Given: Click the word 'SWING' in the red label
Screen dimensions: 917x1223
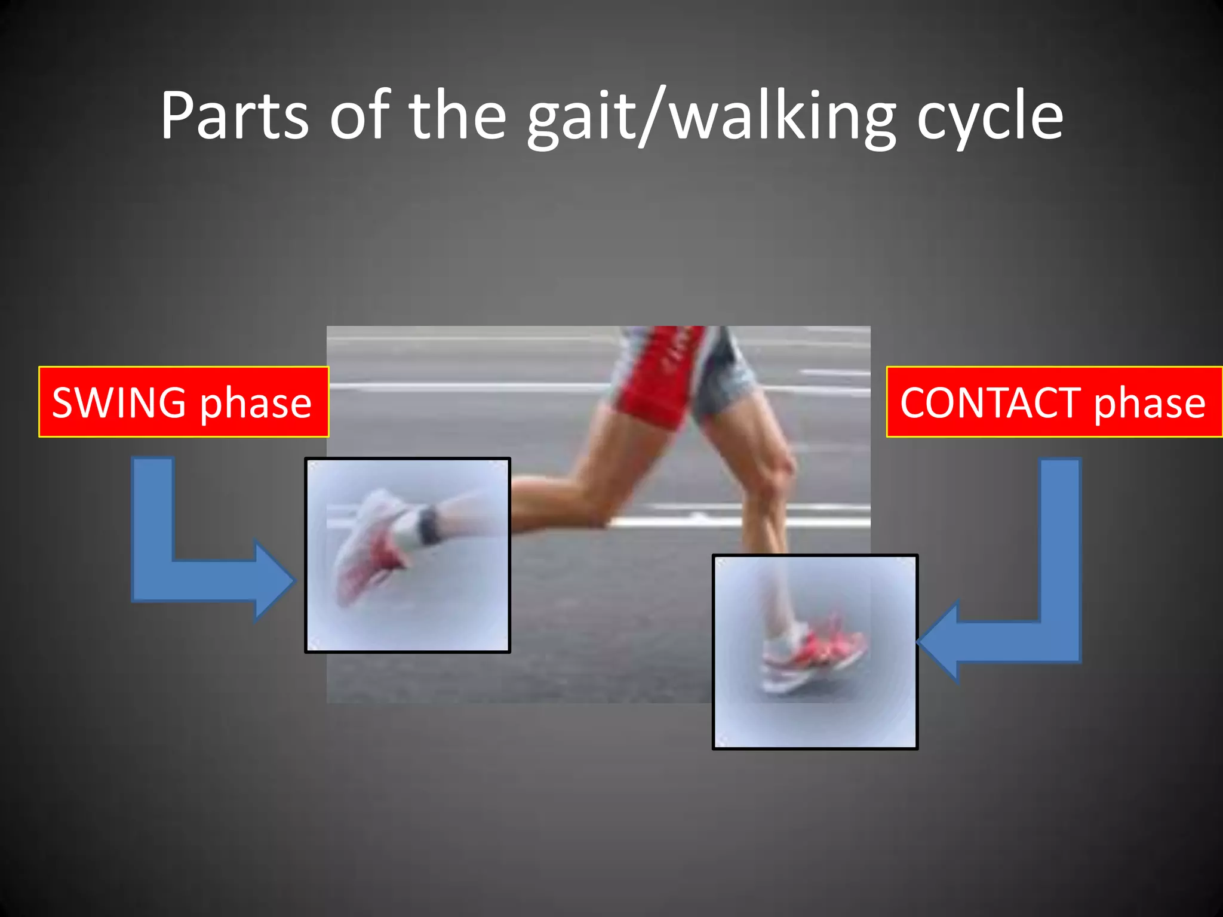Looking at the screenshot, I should (x=119, y=402).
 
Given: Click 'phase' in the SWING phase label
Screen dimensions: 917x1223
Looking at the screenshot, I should (x=256, y=404).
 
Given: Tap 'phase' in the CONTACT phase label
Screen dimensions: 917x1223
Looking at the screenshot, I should (x=1150, y=404).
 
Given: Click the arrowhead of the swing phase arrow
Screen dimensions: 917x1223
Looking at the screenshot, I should (x=275, y=580).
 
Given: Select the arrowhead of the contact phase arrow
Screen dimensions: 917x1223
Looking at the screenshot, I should (x=938, y=641).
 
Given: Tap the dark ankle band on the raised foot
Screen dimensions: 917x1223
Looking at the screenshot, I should (x=428, y=524).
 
